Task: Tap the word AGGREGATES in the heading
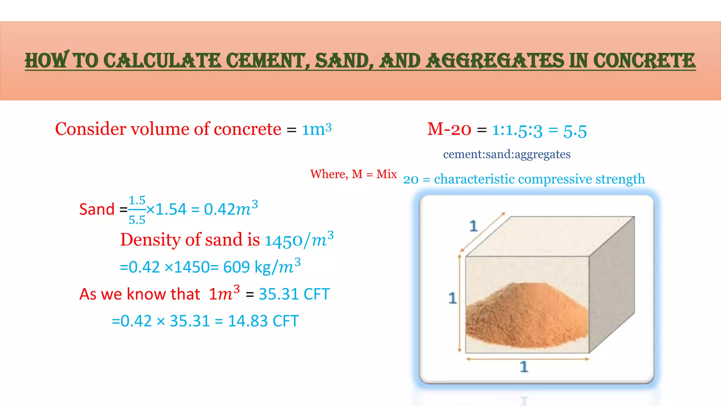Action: click(x=495, y=61)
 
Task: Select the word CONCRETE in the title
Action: click(x=644, y=61)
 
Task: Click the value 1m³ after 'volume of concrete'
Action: click(x=316, y=129)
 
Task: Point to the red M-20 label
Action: click(x=449, y=129)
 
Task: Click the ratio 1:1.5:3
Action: click(x=517, y=130)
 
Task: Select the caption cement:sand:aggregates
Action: click(x=507, y=154)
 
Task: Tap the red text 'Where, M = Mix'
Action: click(x=353, y=174)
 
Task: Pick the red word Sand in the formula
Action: click(x=97, y=209)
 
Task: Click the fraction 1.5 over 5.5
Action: click(x=137, y=210)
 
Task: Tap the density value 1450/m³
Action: click(x=299, y=240)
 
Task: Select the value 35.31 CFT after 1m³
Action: click(x=294, y=294)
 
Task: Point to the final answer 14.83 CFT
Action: click(x=263, y=321)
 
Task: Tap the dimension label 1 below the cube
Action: click(x=524, y=367)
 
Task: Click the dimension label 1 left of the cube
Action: click(x=452, y=298)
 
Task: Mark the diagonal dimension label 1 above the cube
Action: click(x=474, y=226)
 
